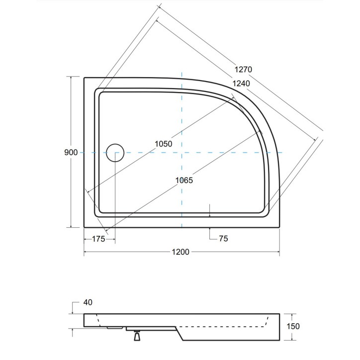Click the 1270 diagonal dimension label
coord(244,70)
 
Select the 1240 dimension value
coord(241,84)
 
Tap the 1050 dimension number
coord(163,144)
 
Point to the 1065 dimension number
coord(183,180)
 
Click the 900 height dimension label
coord(71,152)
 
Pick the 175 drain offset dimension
coord(98,239)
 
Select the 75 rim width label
coord(223,239)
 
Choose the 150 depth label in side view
coord(293,326)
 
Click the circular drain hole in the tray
coord(115,152)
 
